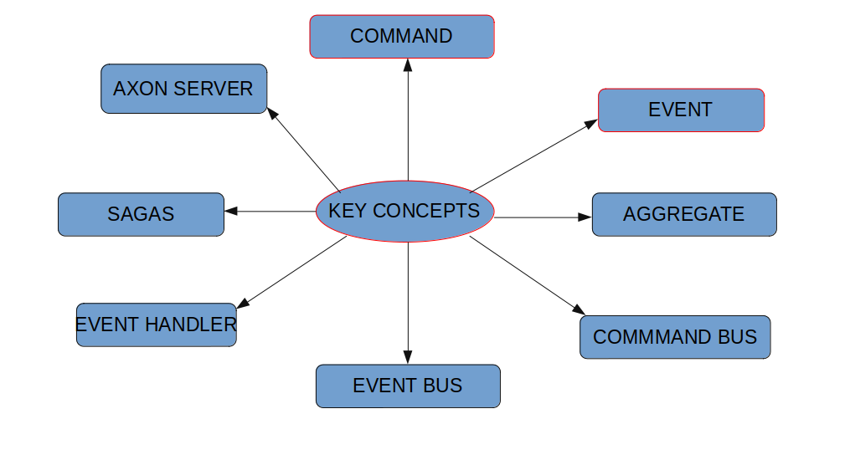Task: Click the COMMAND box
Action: click(402, 37)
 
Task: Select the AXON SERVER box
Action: click(183, 89)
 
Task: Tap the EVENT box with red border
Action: click(681, 110)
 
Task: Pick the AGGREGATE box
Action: click(684, 215)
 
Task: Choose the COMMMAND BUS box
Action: click(675, 337)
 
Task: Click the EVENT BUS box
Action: click(408, 386)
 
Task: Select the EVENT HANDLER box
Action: click(157, 325)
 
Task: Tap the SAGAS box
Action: click(141, 215)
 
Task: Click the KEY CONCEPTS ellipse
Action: click(405, 211)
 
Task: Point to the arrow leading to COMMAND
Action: click(408, 117)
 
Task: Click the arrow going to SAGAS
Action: click(270, 211)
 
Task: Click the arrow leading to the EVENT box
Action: click(534, 156)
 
